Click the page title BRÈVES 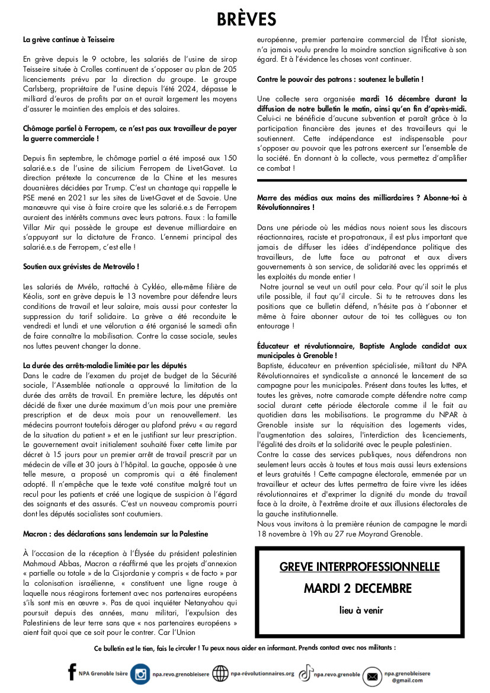pos(246,20)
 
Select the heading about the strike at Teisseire pos(69,40)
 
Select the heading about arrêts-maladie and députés pos(105,365)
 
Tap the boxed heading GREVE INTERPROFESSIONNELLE pos(360,567)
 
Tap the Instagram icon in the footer pos(141,674)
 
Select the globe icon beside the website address pos(220,674)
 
